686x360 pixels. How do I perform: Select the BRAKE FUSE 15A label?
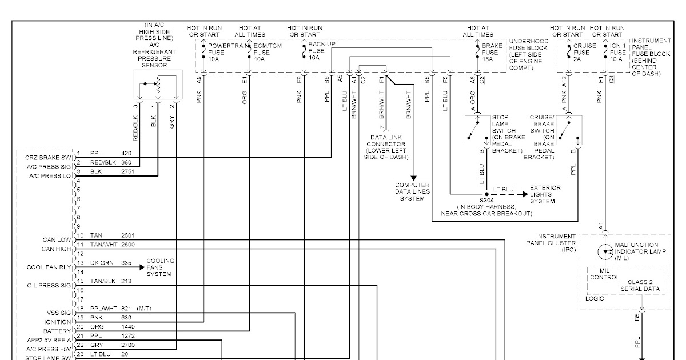pos(491,52)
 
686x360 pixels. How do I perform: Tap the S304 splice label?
pos(486,201)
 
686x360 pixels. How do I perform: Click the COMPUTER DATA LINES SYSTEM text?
pos(412,192)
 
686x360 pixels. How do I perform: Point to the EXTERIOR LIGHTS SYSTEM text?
pos(545,194)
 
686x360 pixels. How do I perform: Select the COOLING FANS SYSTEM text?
pos(160,267)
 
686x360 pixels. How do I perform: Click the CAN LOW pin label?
pos(57,240)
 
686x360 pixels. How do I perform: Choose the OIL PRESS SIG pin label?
pos(49,285)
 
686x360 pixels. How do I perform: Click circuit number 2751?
pos(127,172)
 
